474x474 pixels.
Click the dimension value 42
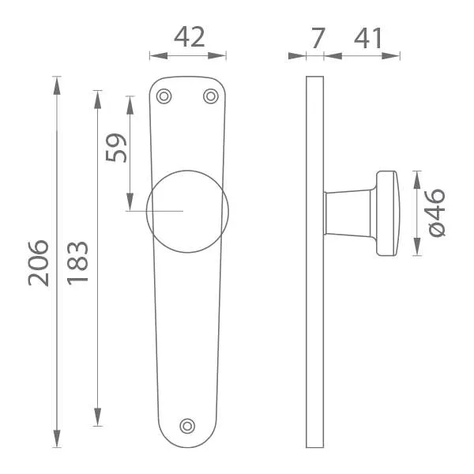[190, 37]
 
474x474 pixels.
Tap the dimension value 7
[318, 38]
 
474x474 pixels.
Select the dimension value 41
[368, 38]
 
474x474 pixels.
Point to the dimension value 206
[39, 263]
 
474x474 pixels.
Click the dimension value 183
[77, 263]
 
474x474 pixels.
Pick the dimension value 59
[116, 148]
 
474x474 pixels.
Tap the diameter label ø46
[437, 213]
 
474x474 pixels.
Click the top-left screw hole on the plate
[164, 96]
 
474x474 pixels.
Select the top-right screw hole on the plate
[211, 96]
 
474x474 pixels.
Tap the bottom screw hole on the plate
[187, 427]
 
